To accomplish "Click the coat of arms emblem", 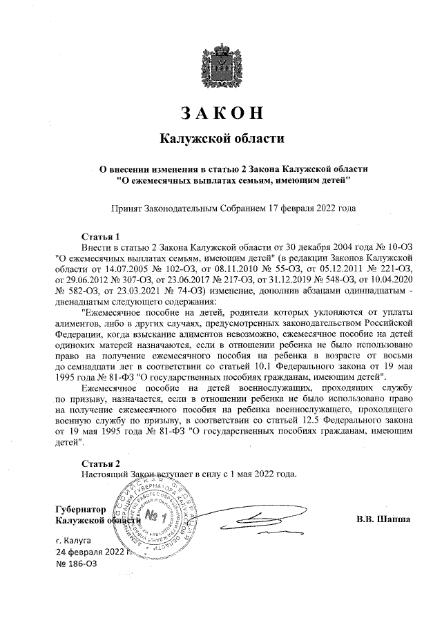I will (x=222, y=66).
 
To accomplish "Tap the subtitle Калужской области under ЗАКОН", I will (x=222, y=139).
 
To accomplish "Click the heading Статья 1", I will (x=101, y=235).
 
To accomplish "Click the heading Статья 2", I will (x=101, y=463).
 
